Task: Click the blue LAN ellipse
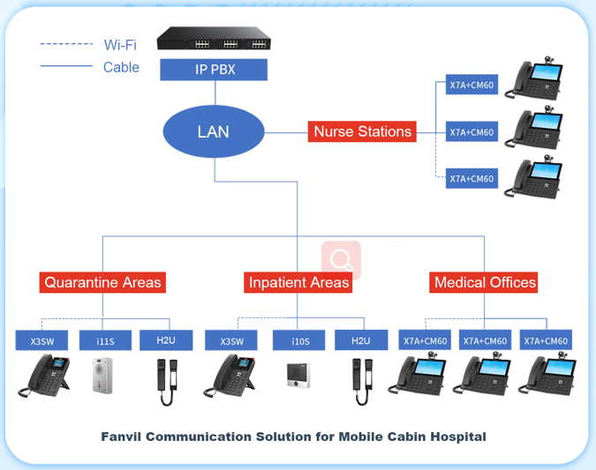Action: click(214, 132)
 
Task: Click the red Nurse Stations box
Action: click(362, 131)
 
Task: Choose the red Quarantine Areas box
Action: click(102, 282)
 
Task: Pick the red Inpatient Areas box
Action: click(298, 282)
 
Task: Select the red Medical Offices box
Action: click(485, 282)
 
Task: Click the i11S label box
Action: click(105, 340)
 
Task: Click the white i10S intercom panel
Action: click(296, 376)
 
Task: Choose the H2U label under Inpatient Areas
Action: click(360, 340)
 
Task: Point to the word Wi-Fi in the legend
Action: click(120, 44)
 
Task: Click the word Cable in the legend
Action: click(121, 67)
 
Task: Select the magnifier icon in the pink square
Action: click(341, 259)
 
